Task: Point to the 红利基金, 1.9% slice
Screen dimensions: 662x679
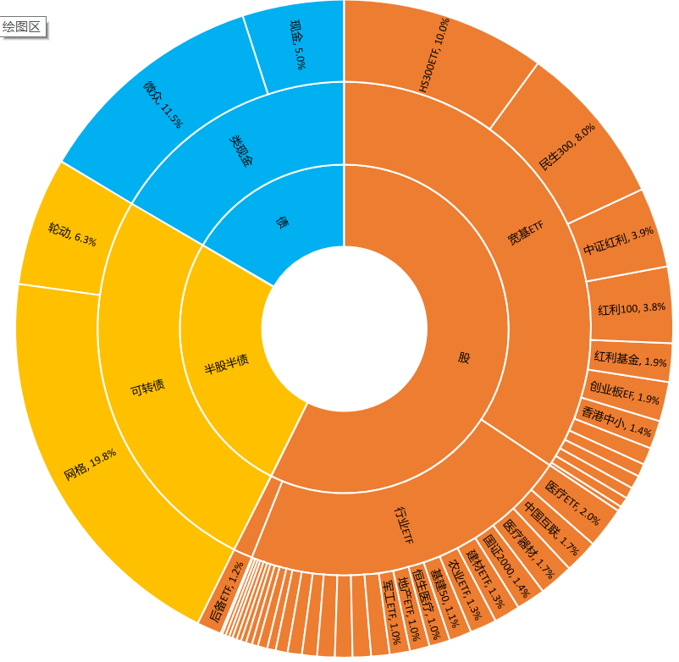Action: click(x=631, y=361)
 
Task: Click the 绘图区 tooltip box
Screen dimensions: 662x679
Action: click(x=23, y=26)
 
